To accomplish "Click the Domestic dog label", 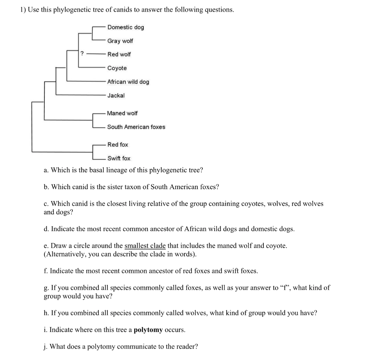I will coord(125,27).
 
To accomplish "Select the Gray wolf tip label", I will coord(120,41).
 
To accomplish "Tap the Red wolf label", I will coord(119,54).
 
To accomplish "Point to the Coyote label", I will coord(117,68).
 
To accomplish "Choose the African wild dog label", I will coord(128,82).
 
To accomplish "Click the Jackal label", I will coord(116,95).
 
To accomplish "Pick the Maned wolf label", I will coord(122,113).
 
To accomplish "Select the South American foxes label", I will coord(136,127).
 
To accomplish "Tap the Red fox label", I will coord(117,145).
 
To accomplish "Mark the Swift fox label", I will coord(119,158).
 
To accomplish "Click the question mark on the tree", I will coord(82,54).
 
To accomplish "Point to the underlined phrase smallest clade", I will coord(145,246).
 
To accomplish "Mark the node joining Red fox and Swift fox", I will coord(93,151).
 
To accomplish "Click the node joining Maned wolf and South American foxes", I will coord(93,120).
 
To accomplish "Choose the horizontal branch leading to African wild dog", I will coord(86,81).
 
